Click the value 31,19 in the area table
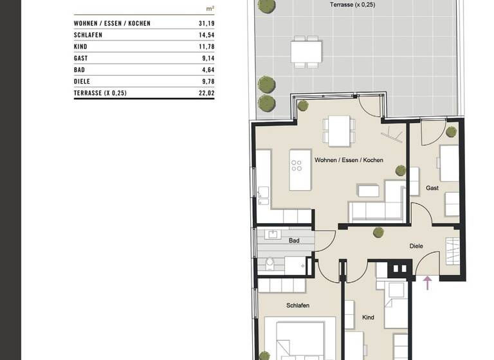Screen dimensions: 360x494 pyautogui.click(x=206, y=23)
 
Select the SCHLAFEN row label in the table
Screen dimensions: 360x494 pyautogui.click(x=89, y=35)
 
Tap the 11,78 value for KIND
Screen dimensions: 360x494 pyautogui.click(x=206, y=46)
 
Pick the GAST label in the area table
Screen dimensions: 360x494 pyautogui.click(x=81, y=58)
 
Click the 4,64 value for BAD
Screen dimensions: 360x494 pyautogui.click(x=207, y=69)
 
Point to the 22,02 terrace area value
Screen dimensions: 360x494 pyautogui.click(x=206, y=93)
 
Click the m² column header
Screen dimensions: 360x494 pyautogui.click(x=210, y=9)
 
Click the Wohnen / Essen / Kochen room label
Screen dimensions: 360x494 pyautogui.click(x=349, y=160)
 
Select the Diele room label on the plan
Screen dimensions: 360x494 pyautogui.click(x=417, y=246)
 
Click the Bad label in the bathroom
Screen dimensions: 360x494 pyautogui.click(x=294, y=241)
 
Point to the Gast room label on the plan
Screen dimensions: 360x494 pyautogui.click(x=432, y=188)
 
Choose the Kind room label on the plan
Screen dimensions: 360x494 pyautogui.click(x=368, y=318)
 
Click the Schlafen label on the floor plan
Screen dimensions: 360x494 pyautogui.click(x=298, y=306)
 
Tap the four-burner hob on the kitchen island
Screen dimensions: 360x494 pyautogui.click(x=297, y=165)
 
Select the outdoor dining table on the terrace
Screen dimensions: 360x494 pyautogui.click(x=305, y=51)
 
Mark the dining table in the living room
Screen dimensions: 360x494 pyautogui.click(x=338, y=130)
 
